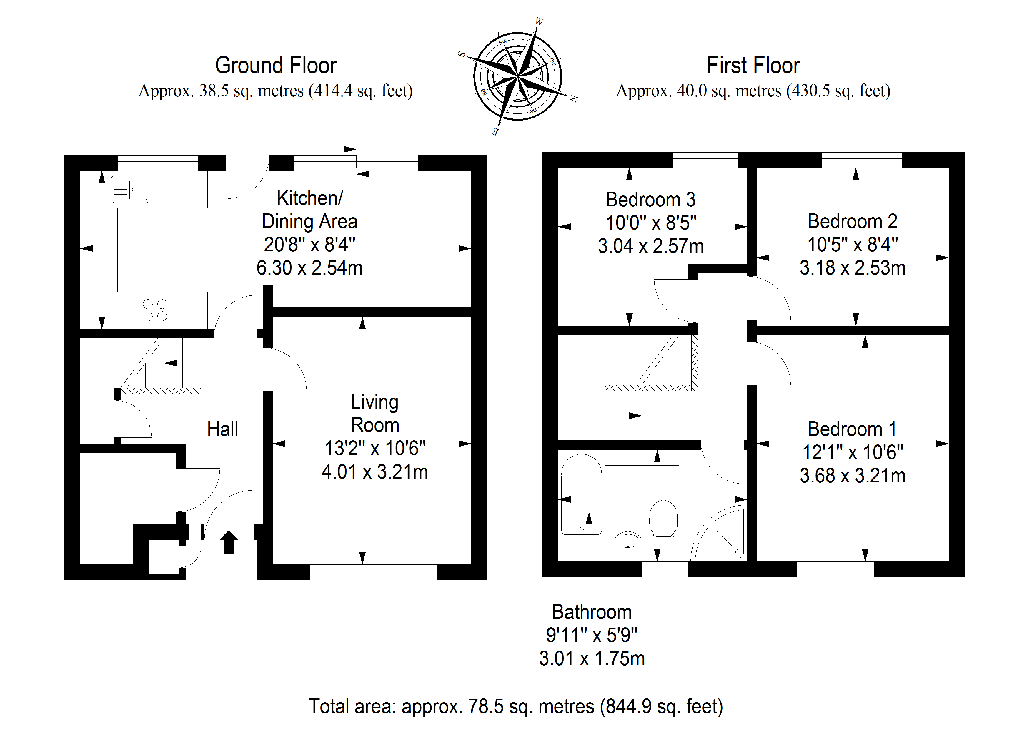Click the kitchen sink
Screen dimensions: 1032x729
[130, 189]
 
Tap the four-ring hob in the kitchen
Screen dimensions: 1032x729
[155, 310]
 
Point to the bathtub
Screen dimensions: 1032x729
[581, 494]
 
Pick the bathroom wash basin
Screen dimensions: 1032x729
[628, 541]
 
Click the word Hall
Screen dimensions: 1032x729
[222, 429]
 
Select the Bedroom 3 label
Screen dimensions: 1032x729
[650, 199]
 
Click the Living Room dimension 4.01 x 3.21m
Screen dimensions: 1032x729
[374, 471]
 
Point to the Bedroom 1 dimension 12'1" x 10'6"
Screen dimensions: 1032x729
[853, 452]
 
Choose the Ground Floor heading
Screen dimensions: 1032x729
[276, 66]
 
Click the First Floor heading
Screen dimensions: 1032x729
[753, 66]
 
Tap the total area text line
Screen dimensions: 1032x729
[515, 706]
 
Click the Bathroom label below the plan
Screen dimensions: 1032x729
[592, 612]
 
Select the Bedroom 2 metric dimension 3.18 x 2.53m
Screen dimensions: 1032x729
[852, 268]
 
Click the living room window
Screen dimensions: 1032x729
[373, 572]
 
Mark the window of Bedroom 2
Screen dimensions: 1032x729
[862, 160]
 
